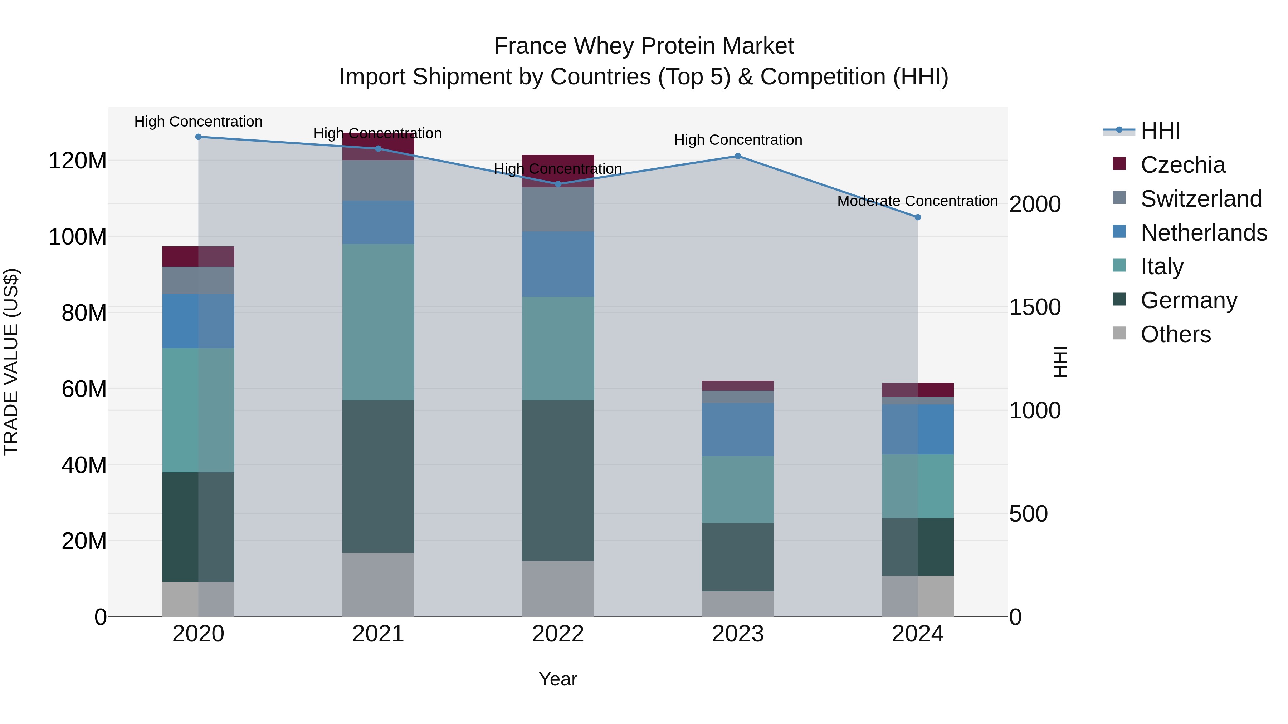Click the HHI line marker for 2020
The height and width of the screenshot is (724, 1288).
pyautogui.click(x=199, y=137)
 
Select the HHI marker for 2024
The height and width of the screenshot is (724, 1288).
pyautogui.click(x=917, y=217)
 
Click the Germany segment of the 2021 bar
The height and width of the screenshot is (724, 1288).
pyautogui.click(x=378, y=476)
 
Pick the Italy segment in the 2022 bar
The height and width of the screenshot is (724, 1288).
pyautogui.click(x=558, y=348)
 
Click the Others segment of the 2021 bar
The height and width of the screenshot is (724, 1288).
pyautogui.click(x=378, y=585)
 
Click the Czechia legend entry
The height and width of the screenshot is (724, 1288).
pyautogui.click(x=1182, y=165)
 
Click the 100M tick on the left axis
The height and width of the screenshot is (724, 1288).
pyautogui.click(x=78, y=237)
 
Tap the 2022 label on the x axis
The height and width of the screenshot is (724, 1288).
pyautogui.click(x=558, y=634)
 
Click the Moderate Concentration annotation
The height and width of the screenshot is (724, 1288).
pyautogui.click(x=917, y=201)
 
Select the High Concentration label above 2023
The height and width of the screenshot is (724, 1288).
pyautogui.click(x=738, y=140)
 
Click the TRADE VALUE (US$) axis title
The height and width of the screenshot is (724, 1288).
pyautogui.click(x=11, y=362)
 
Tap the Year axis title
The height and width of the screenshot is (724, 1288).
pyautogui.click(x=558, y=679)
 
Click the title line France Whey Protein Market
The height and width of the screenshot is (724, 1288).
pyautogui.click(x=644, y=46)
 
